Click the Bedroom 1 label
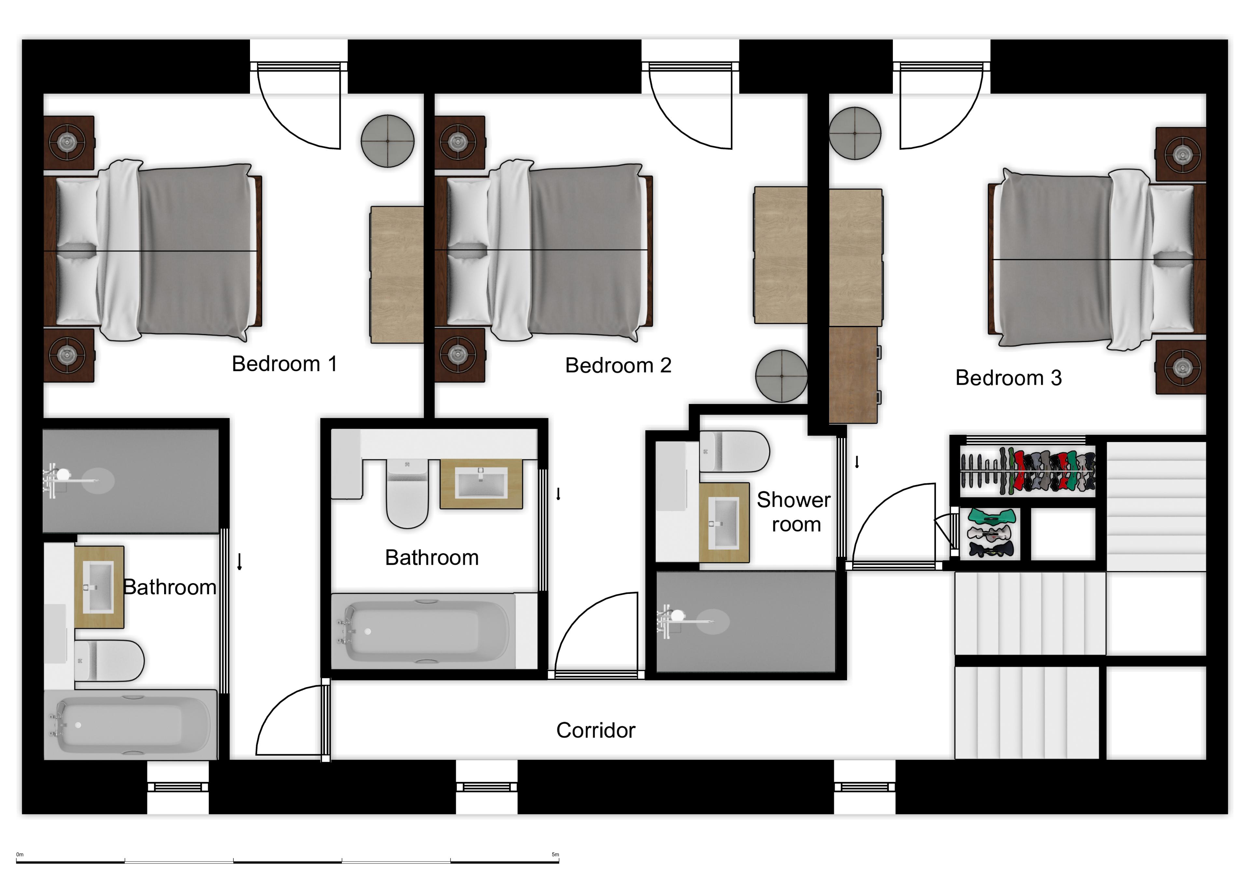click(284, 364)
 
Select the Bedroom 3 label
click(1008, 378)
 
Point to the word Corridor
click(596, 730)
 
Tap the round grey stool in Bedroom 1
click(388, 141)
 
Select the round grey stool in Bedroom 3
click(855, 133)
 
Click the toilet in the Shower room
click(734, 451)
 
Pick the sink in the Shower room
click(724, 522)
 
